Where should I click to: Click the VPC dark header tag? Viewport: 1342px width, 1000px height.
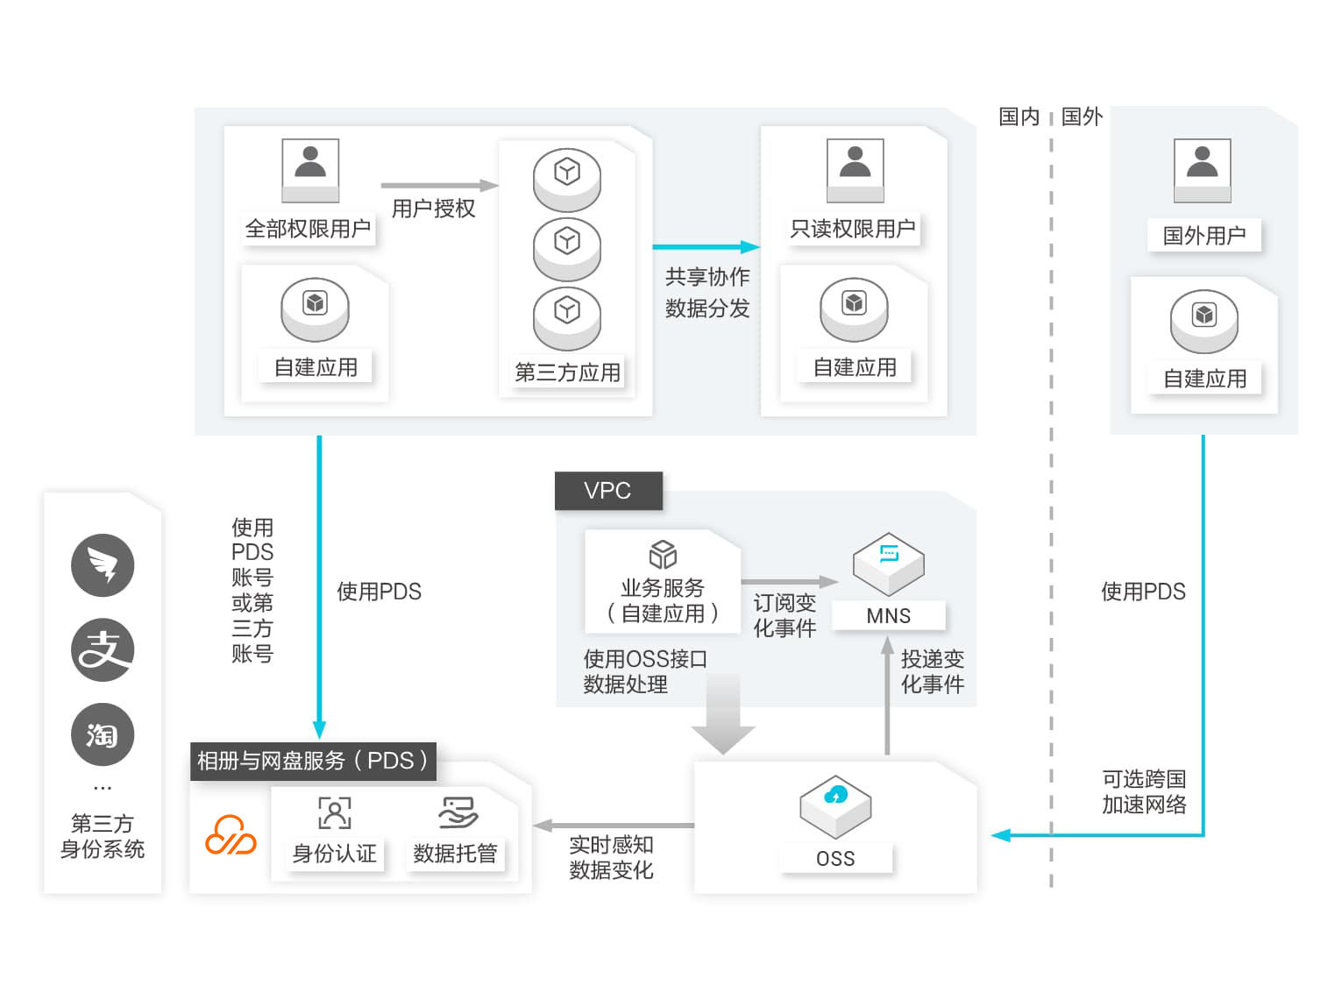coord(607,491)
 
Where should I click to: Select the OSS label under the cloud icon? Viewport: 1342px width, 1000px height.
coord(835,859)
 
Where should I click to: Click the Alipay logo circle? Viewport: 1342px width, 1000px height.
coord(103,650)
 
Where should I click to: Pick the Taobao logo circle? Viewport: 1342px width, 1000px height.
coord(103,734)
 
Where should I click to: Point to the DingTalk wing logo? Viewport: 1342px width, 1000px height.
coord(103,565)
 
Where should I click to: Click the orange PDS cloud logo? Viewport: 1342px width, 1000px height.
coord(231,835)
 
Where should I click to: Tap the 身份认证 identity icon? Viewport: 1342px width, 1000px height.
coord(334,813)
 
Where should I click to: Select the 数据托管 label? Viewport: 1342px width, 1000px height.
coord(455,854)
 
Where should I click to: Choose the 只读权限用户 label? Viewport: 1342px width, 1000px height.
coord(853,230)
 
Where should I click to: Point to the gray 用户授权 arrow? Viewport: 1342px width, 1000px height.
coord(438,186)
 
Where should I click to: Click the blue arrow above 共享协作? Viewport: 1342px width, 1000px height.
coord(706,247)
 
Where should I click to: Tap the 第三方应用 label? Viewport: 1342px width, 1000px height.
coord(567,372)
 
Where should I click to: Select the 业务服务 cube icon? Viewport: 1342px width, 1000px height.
coord(663,555)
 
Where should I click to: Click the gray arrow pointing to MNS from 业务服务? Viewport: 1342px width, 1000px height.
coord(789,581)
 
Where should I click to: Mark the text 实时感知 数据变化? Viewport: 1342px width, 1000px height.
coord(611,857)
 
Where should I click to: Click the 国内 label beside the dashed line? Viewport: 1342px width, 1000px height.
coord(1019,117)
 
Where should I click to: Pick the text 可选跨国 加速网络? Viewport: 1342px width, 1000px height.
coord(1144,791)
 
